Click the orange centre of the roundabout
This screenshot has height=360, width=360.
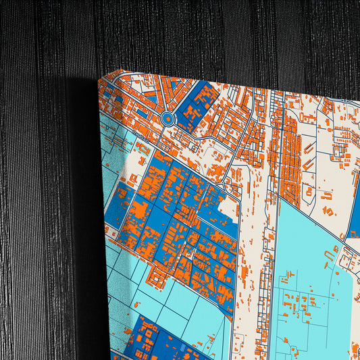pyautogui.click(x=168, y=120)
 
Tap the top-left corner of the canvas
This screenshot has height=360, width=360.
pyautogui.click(x=101, y=79)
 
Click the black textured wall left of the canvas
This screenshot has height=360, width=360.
pyautogui.click(x=41, y=203)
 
